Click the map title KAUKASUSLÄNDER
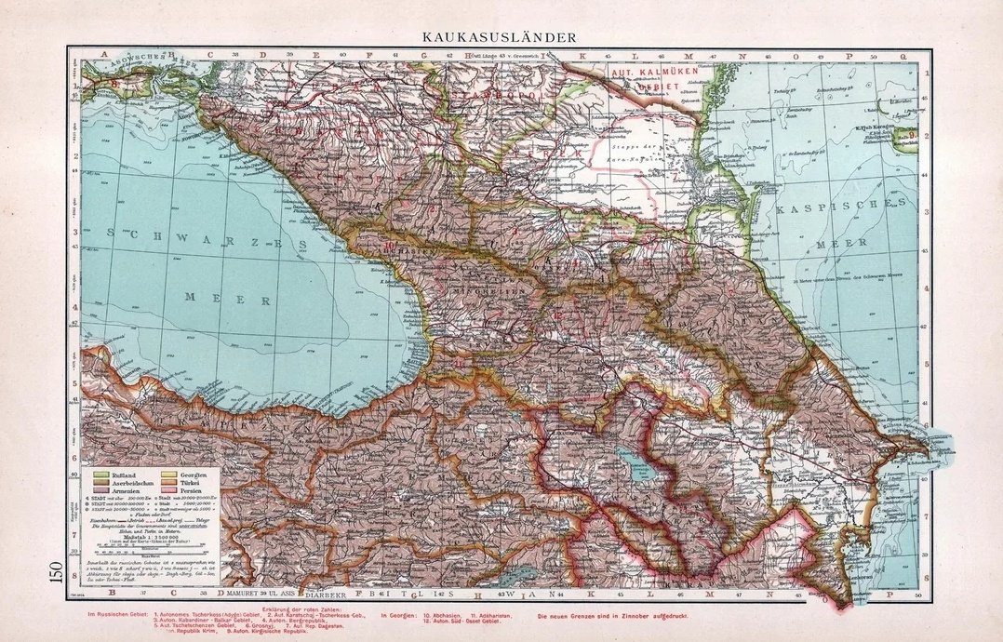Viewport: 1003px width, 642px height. pos(497,37)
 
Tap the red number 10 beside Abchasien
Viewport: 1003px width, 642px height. pos(387,247)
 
